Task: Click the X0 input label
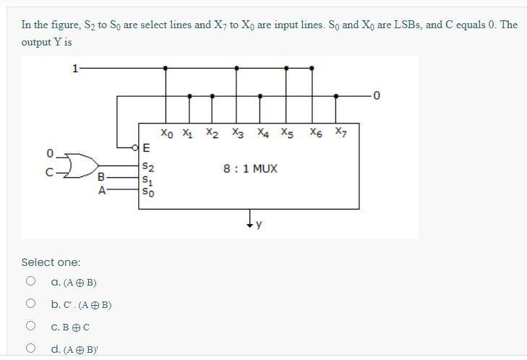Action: coord(167,134)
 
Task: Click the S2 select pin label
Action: coord(147,167)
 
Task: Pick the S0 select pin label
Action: coord(147,192)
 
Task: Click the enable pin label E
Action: coord(147,149)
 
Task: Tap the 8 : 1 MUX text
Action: coord(250,169)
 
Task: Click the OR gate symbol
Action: coord(81,165)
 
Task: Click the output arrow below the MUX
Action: coord(250,219)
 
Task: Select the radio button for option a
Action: coord(30,282)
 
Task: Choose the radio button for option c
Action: coord(30,327)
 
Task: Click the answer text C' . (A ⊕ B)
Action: coord(81,305)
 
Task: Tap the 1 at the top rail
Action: coord(74,69)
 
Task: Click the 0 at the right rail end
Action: coord(376,95)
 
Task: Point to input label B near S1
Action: coord(100,177)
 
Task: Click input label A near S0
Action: coord(102,191)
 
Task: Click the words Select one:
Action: coord(51,262)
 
